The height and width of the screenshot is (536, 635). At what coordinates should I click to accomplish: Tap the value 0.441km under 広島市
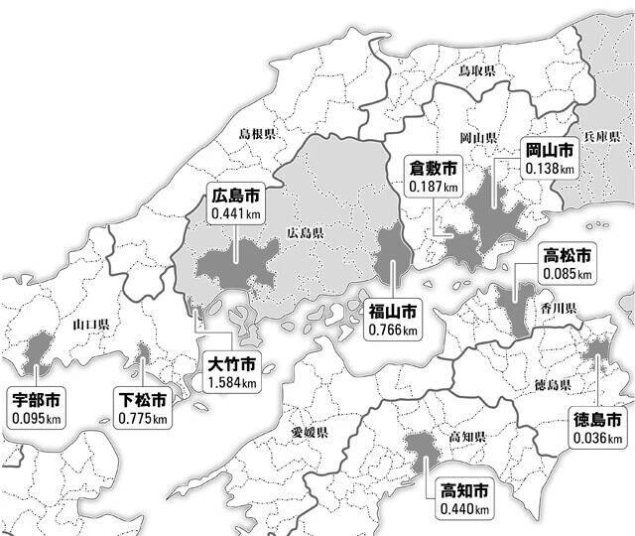pyautogui.click(x=235, y=213)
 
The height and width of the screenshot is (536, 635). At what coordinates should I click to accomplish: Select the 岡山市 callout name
pyautogui.click(x=549, y=151)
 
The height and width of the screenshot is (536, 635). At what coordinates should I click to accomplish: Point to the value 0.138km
pyautogui.click(x=549, y=169)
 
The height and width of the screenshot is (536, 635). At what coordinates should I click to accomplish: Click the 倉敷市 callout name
pyautogui.click(x=434, y=168)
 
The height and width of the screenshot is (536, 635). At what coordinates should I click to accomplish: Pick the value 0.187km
pyautogui.click(x=434, y=186)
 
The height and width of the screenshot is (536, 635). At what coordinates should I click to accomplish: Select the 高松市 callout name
pyautogui.click(x=568, y=255)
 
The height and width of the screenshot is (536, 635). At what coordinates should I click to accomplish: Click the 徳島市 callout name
pyautogui.click(x=597, y=419)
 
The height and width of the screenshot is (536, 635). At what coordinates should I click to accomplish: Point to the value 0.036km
pyautogui.click(x=597, y=437)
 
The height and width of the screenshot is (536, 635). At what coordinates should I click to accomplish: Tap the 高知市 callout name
pyautogui.click(x=463, y=491)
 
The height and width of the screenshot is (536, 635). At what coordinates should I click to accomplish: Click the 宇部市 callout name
pyautogui.click(x=35, y=401)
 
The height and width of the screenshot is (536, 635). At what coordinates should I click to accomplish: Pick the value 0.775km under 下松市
pyautogui.click(x=142, y=419)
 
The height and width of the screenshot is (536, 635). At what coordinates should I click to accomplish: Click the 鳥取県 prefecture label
pyautogui.click(x=476, y=71)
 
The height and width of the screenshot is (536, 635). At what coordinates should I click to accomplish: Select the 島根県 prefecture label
pyautogui.click(x=257, y=132)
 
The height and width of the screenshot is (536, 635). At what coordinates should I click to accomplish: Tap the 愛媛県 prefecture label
pyautogui.click(x=309, y=433)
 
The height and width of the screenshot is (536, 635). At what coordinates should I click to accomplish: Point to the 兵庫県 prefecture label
pyautogui.click(x=601, y=135)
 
